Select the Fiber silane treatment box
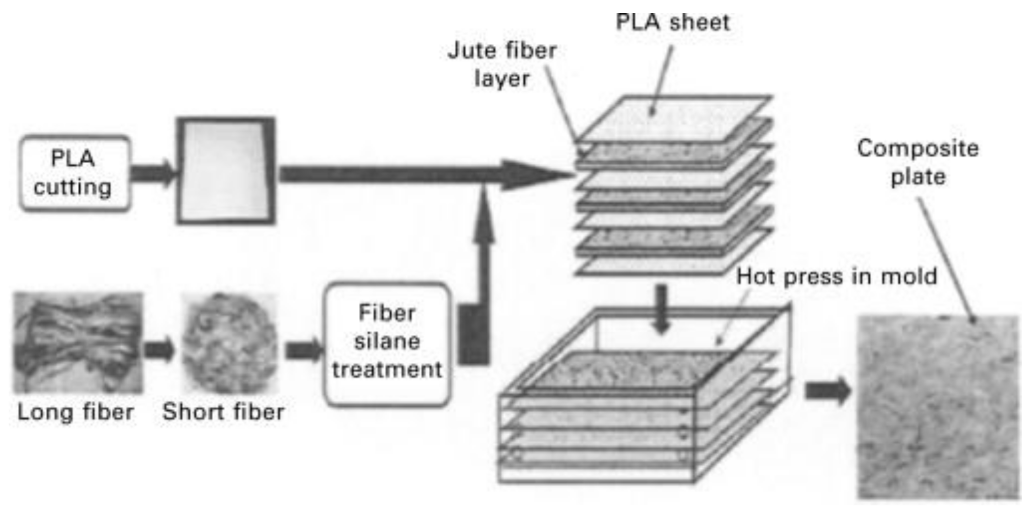[387, 343]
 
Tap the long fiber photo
[78, 343]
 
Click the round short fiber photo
[229, 343]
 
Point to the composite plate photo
[938, 407]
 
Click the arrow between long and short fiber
[159, 349]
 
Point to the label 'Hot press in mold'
[836, 276]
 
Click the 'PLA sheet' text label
[672, 23]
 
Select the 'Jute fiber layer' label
[502, 64]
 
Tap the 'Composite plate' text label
[918, 162]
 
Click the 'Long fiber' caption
[75, 412]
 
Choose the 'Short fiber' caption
[223, 412]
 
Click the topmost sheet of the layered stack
[674, 118]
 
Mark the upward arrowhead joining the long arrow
[484, 216]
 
